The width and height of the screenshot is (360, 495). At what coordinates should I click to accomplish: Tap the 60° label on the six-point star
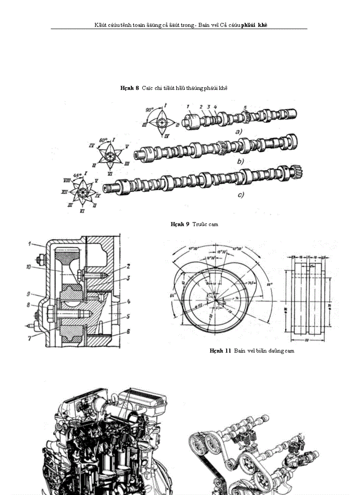click(x=102, y=140)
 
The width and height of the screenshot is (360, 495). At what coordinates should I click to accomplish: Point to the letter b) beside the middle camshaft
click(x=240, y=162)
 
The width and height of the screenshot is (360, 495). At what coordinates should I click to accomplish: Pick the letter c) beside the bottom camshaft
click(x=241, y=194)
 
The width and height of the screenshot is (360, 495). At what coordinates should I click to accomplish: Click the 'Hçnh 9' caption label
click(x=180, y=224)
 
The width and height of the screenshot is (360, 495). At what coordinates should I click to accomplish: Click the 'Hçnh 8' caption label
click(x=129, y=88)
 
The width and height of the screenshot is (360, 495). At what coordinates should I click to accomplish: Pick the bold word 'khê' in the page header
click(x=263, y=25)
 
